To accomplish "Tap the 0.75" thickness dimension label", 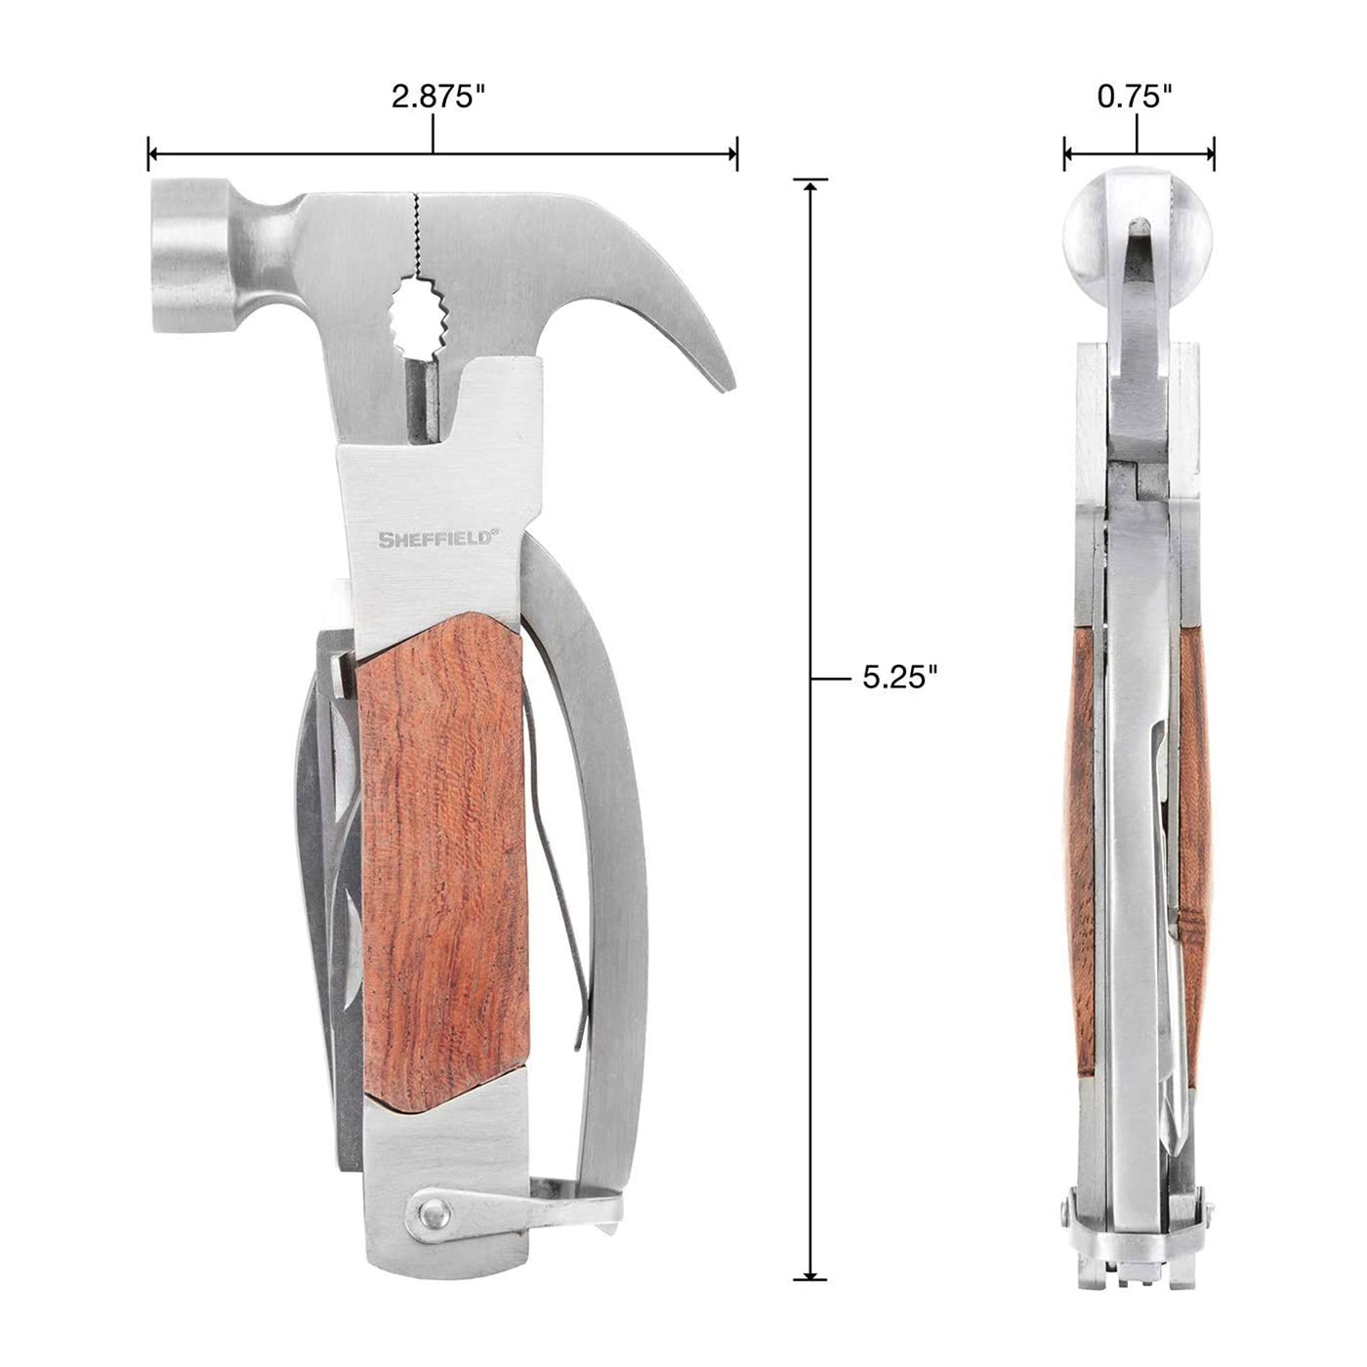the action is (1135, 96).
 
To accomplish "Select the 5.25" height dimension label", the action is (900, 677).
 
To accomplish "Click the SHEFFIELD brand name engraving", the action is (435, 538).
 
